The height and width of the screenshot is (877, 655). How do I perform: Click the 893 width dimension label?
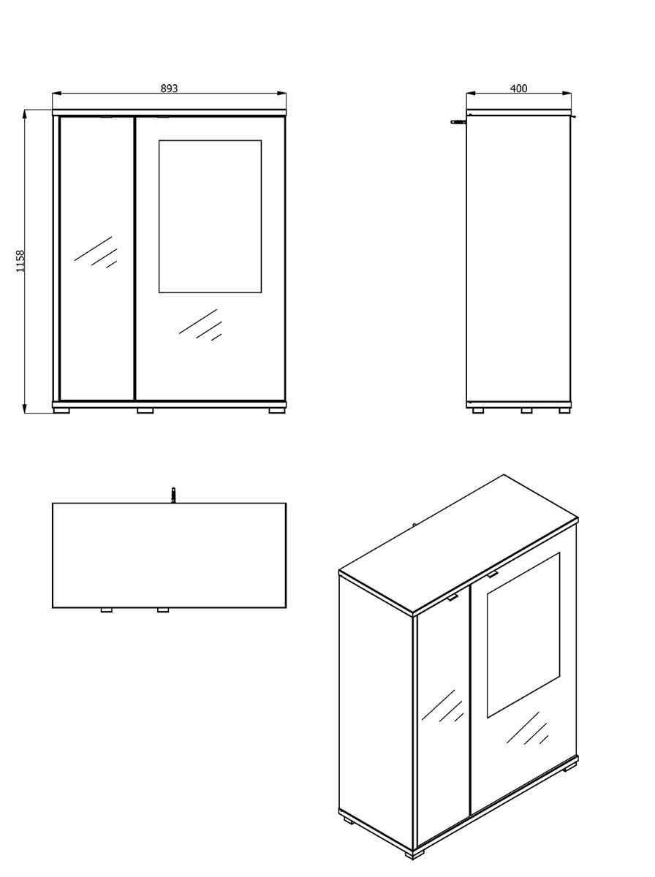point(169,88)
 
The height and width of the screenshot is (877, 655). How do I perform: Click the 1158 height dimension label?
point(20,262)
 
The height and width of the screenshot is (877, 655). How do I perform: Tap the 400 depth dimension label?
point(519,88)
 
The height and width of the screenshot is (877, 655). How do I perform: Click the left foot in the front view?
point(61,410)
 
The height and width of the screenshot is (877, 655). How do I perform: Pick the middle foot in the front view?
point(145,410)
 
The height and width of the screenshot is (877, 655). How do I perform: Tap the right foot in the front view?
point(277,410)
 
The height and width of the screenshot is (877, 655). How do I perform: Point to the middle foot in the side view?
point(527,410)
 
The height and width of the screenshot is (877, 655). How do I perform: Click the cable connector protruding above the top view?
point(173,495)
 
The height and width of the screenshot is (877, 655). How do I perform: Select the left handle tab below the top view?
point(106,610)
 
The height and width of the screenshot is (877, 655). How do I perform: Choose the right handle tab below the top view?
point(162,610)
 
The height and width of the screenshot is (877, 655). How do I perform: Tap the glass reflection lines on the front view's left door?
point(96,251)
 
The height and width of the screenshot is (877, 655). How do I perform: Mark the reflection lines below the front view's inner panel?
point(200,324)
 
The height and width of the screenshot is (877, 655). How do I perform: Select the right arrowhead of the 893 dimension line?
point(282,94)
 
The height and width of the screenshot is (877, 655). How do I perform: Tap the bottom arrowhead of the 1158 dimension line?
point(24,409)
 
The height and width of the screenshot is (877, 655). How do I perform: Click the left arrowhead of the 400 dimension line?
point(472,94)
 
